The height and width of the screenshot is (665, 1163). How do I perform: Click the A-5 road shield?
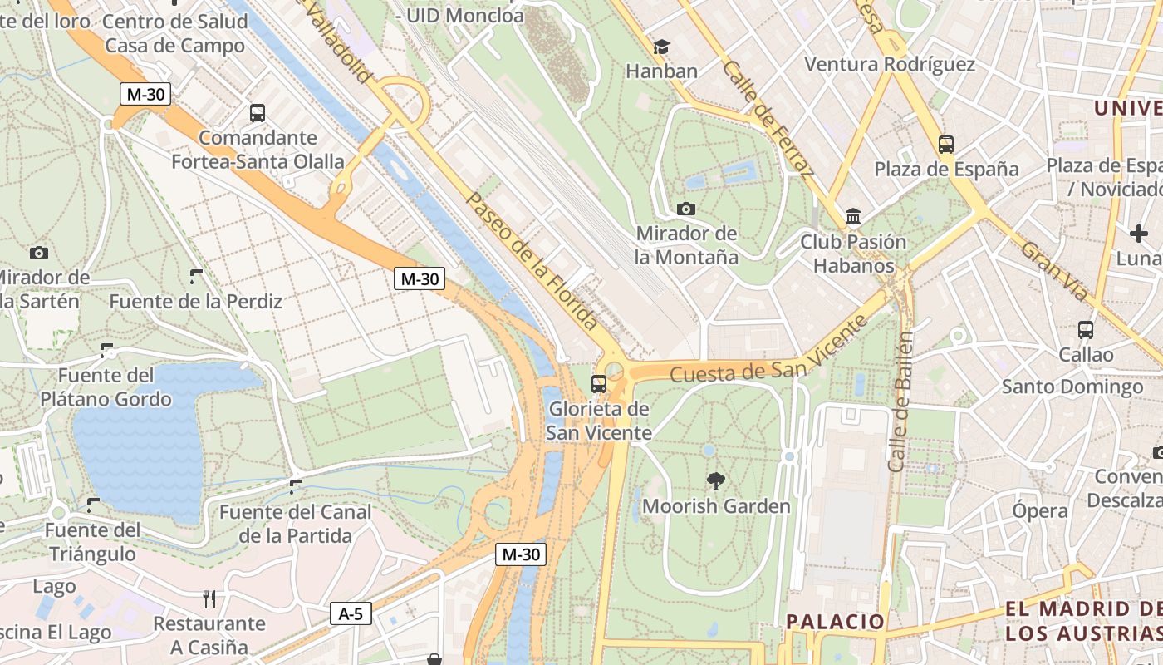tap(351, 614)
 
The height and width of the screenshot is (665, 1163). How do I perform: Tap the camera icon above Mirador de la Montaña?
tap(686, 209)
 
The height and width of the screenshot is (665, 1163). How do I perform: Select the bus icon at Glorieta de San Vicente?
tap(598, 383)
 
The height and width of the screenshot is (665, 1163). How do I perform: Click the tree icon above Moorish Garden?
tap(714, 480)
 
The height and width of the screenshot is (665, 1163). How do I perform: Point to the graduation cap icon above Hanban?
tap(661, 47)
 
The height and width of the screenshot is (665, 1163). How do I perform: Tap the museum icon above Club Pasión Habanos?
tap(852, 217)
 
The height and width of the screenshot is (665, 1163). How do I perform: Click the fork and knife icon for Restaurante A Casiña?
tap(209, 598)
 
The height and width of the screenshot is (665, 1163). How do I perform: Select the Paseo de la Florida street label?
tap(532, 260)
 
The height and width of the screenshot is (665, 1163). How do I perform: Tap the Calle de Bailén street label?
tap(900, 402)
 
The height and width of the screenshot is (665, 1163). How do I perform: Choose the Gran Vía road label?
tap(1053, 272)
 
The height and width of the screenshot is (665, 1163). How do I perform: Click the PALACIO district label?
tap(835, 621)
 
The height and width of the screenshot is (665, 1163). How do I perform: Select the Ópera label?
tap(1039, 510)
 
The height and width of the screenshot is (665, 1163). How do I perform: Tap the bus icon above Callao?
tap(1085, 330)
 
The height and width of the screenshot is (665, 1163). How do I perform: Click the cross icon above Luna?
tap(1139, 234)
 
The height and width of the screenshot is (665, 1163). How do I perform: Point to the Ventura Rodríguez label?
tap(890, 64)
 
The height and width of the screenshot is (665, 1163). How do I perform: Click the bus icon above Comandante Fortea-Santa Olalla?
tap(258, 113)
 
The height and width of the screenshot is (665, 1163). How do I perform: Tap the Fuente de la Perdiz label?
tap(196, 301)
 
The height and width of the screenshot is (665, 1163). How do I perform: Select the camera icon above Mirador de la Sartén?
tap(38, 253)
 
